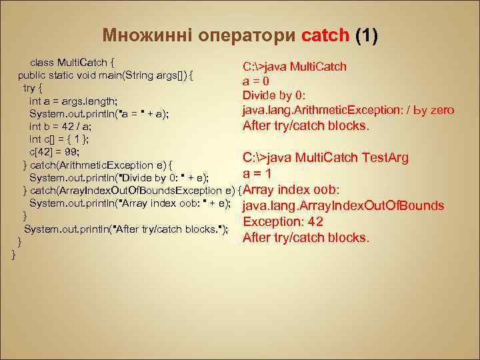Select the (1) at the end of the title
[x=366, y=35]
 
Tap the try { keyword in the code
[x=33, y=87]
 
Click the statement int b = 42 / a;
[x=60, y=126]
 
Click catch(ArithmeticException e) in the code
[x=100, y=165]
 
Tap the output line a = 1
[x=257, y=174]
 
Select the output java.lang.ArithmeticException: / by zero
[x=348, y=110]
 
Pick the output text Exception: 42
[x=283, y=222]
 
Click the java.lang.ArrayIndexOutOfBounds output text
[x=343, y=206]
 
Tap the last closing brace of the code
[x=14, y=254]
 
